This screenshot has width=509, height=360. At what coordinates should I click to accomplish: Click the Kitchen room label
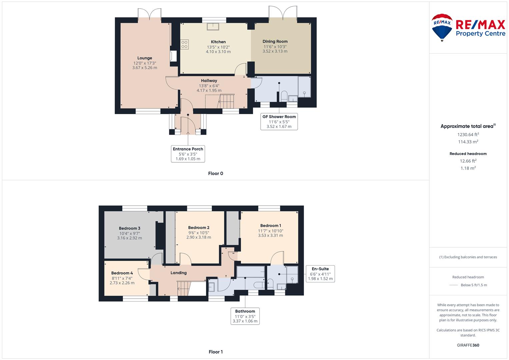pos(218,42)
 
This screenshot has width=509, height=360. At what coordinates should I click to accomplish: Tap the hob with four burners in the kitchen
pos(185,45)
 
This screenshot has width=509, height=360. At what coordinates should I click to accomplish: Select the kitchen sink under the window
pos(213,27)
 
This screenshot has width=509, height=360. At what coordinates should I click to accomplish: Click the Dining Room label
pos(275,41)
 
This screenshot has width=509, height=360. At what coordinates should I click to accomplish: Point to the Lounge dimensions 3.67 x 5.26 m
pos(145,68)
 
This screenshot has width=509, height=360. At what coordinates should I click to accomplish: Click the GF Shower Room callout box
pos(279,122)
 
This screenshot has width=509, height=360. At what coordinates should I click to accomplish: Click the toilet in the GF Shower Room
pos(284,96)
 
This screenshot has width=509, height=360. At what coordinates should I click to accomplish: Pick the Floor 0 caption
pos(216,173)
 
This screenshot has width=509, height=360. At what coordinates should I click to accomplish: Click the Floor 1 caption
pos(216,352)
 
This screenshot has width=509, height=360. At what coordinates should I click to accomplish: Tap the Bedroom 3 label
pos(130,228)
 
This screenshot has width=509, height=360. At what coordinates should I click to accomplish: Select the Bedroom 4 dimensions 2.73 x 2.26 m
pos(122,283)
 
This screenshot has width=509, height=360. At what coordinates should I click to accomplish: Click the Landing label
pos(179,273)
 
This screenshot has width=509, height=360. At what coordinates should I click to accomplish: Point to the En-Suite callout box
pos(320,274)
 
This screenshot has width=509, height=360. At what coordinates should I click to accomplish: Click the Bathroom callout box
pos(245,316)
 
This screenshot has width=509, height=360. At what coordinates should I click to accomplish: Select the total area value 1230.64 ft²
pos(468,135)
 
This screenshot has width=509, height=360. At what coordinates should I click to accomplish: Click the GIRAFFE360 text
pos(468,345)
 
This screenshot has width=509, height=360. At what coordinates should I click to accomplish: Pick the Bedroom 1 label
pos(270,226)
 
